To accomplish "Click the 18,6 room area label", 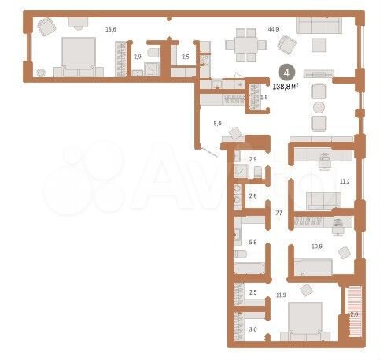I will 111,29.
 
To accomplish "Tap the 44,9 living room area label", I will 273,29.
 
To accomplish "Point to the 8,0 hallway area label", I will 218,123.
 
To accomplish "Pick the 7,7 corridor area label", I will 278,213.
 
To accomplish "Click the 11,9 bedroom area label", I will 280,296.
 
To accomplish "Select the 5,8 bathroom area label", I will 253,243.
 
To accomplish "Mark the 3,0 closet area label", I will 253,330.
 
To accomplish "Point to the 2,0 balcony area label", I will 354,314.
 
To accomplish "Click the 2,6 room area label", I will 253,196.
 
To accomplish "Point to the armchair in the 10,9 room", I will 344,252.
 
